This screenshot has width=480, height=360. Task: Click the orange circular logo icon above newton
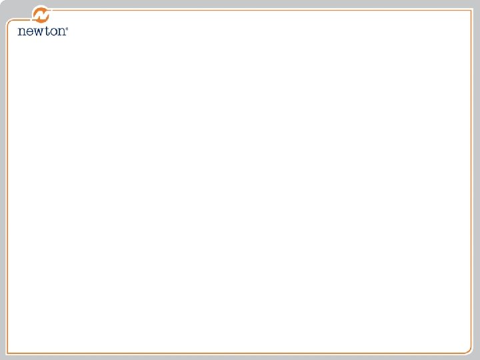(x=42, y=14)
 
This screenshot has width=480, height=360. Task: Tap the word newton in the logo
(x=42, y=31)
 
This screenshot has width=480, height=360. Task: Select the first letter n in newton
(x=21, y=31)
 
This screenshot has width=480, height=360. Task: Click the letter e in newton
(x=29, y=31)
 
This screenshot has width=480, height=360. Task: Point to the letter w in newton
(x=38, y=31)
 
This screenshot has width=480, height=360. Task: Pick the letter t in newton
(x=47, y=31)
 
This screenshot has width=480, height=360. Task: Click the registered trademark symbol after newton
(x=67, y=29)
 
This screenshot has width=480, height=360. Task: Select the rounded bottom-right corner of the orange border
(x=469, y=350)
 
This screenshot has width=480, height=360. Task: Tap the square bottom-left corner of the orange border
(x=7, y=353)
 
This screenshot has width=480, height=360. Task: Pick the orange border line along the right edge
(x=472, y=180)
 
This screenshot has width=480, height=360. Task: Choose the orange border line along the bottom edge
(x=240, y=353)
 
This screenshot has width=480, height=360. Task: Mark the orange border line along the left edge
(x=7, y=187)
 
